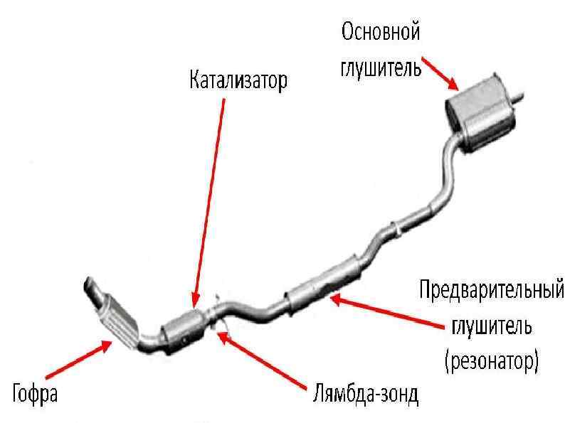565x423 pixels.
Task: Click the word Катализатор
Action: [238, 80]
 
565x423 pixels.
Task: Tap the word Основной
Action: [381, 32]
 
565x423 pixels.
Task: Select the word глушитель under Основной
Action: [381, 68]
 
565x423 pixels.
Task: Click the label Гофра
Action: [35, 392]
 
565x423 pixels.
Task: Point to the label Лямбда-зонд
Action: [365, 392]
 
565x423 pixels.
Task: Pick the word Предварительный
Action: [491, 291]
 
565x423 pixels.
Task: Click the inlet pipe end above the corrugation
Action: [90, 287]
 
